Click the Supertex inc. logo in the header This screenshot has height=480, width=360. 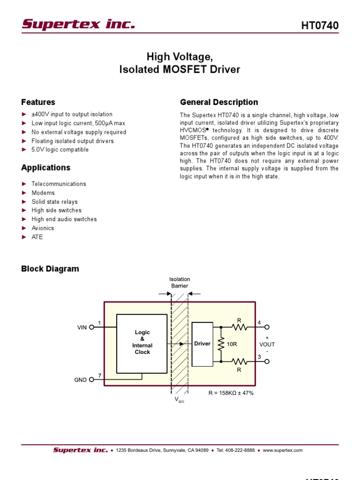(78, 24)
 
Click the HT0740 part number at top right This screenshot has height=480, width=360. (319, 26)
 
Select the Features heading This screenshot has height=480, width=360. (38, 102)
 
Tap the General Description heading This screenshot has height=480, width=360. (219, 102)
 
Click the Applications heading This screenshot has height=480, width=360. (45, 167)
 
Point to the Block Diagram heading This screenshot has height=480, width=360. (50, 269)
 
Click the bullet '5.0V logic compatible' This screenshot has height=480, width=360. (60, 150)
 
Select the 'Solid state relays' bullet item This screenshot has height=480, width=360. (54, 202)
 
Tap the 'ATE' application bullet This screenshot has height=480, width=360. (37, 237)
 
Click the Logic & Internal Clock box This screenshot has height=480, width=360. (142, 343)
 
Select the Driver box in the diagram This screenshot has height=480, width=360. (202, 344)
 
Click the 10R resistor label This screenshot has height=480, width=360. (232, 344)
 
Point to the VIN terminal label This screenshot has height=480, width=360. (82, 328)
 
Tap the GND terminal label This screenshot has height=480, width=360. (81, 380)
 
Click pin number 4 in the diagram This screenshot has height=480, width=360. (259, 322)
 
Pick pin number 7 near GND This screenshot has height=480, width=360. (99, 375)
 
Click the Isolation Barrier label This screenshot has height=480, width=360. (180, 282)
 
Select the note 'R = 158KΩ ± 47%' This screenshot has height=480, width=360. (231, 393)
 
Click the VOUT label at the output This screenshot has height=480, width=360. (267, 344)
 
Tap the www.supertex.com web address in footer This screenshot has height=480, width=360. (283, 450)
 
